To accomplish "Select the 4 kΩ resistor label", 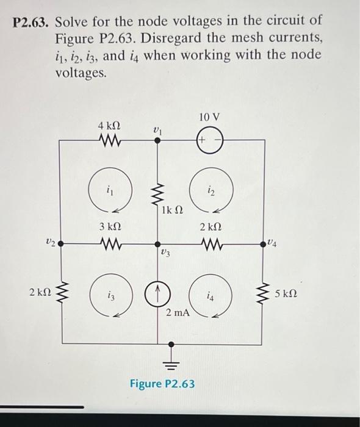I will (x=109, y=125).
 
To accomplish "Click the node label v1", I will (x=157, y=129).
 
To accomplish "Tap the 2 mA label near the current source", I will (x=178, y=313).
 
